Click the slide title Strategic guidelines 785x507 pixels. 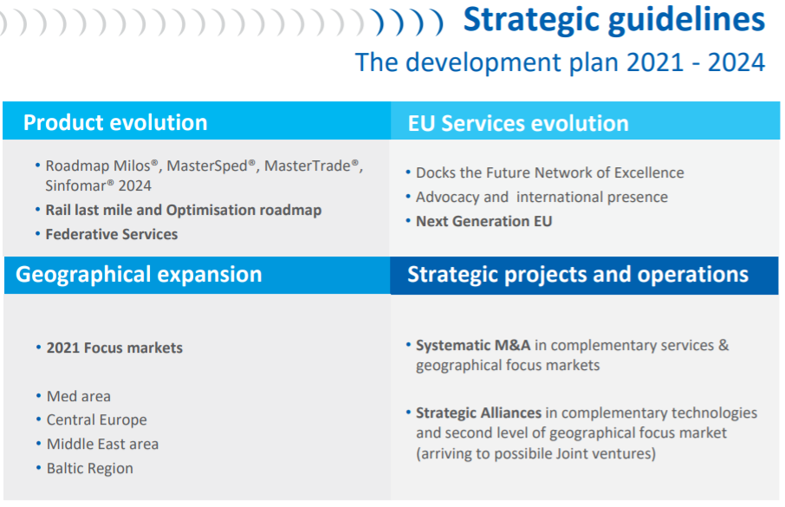613,21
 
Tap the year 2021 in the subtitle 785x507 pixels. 655,62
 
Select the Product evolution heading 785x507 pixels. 115,123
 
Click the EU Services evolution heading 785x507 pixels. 518,123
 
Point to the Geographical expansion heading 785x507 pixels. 139,275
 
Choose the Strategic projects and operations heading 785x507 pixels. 578,275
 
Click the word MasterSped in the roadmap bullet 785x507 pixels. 207,166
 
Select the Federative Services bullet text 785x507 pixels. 112,235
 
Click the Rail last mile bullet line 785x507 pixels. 184,211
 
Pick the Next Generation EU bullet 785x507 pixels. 484,222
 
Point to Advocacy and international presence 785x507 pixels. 542,198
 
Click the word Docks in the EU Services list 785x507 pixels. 436,172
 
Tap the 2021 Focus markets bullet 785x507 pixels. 114,348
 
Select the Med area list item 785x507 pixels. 79,396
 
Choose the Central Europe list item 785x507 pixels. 97,419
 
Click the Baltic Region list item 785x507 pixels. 90,468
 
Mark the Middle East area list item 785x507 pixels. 102,445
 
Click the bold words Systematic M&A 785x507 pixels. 473,345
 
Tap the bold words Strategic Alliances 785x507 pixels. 478,413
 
